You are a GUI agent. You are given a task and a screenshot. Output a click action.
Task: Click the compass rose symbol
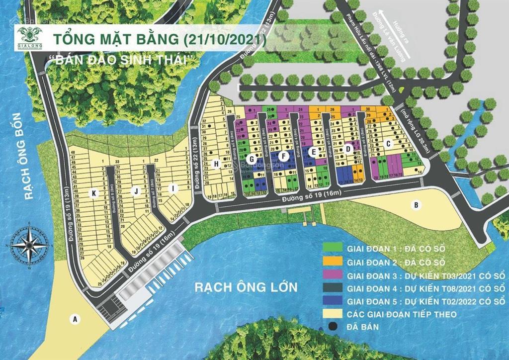(x=29, y=243)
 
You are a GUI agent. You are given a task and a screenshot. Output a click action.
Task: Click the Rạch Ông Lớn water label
(x=246, y=287)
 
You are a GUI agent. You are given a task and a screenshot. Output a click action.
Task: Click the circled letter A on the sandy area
(x=75, y=320)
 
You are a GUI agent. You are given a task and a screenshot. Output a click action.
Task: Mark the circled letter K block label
(x=92, y=192)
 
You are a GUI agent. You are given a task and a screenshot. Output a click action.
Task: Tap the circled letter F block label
(x=283, y=156)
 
